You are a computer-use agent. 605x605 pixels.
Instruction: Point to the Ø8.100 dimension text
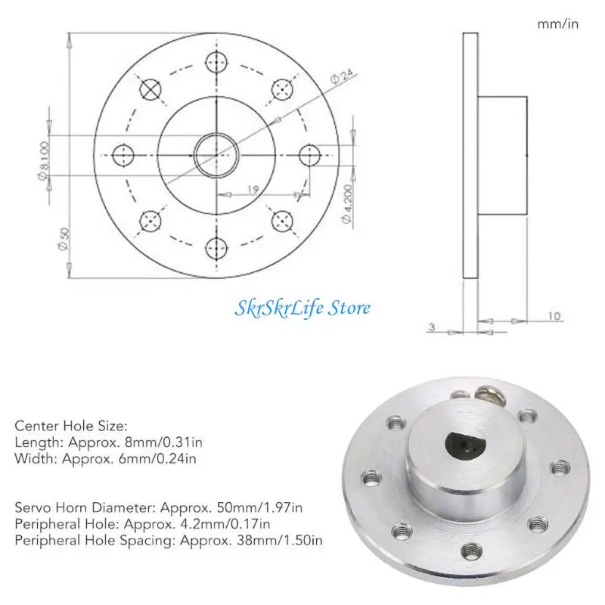(x=44, y=161)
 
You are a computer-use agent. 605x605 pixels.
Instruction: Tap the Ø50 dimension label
(x=64, y=239)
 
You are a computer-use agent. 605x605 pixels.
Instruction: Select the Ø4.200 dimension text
(x=348, y=203)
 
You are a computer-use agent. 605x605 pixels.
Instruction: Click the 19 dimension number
(x=253, y=190)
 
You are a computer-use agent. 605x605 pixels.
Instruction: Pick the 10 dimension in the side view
(x=554, y=316)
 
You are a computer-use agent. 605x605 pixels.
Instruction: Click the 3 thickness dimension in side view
(x=432, y=327)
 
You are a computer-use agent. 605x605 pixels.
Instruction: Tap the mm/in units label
(x=558, y=24)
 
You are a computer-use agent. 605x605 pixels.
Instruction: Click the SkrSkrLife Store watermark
(x=302, y=309)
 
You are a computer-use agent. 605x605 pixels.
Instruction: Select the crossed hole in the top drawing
(x=150, y=89)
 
